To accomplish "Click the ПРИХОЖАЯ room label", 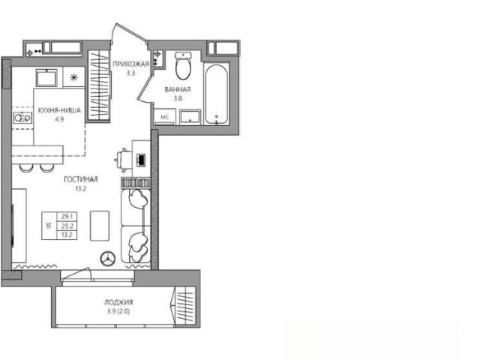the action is [130, 64].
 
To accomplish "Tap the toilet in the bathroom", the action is [183, 65].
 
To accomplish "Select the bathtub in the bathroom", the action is [217, 94].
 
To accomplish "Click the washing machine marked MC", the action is [165, 117].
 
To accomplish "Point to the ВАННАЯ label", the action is [178, 89].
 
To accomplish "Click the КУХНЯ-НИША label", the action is [59, 110].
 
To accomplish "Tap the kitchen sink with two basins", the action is [22, 118].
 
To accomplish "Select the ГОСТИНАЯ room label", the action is [81, 179].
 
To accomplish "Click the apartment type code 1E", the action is [49, 226].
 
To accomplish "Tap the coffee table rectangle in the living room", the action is [100, 226].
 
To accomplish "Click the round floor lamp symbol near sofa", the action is [108, 258].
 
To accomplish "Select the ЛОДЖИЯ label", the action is [118, 302].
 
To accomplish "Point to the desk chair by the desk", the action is [122, 159].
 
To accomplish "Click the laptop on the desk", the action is [140, 160].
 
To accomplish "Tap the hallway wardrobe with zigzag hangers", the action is [98, 85].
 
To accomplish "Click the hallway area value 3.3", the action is [130, 73].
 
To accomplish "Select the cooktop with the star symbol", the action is [73, 78].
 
